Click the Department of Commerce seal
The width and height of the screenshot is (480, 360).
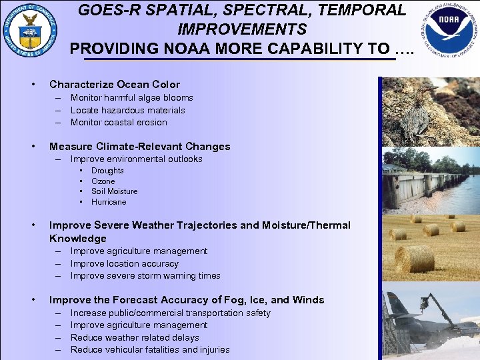[x=29, y=31]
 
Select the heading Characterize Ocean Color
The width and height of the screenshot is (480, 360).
[x=115, y=85]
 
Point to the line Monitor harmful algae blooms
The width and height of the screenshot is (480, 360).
[x=131, y=98]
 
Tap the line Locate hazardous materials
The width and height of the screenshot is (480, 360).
[x=127, y=110]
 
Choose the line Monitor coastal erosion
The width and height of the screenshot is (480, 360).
[x=119, y=122]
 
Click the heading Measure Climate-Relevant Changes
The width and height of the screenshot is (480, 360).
[x=139, y=147]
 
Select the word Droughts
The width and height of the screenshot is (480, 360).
[x=107, y=171]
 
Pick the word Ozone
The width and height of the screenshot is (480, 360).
[x=103, y=181]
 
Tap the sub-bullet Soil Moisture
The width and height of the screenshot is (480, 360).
[x=114, y=191]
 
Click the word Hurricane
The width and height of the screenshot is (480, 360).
[x=109, y=202]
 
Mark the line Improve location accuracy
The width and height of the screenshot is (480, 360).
[x=125, y=263]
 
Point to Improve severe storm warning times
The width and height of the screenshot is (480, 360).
[x=145, y=275]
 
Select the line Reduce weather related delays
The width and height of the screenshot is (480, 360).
[x=135, y=337]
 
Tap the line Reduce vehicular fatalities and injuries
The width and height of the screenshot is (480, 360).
[x=150, y=349]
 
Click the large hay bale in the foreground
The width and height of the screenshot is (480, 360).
[x=415, y=259]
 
